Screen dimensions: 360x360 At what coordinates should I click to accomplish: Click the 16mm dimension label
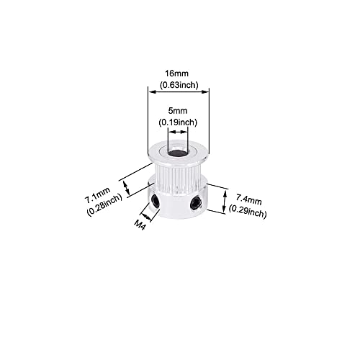tap(176, 73)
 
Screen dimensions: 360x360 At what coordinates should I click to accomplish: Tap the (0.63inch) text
tap(179, 85)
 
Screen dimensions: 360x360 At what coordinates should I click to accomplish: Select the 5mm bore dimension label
tap(178, 111)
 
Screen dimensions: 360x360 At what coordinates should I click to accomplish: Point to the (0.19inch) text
tap(178, 122)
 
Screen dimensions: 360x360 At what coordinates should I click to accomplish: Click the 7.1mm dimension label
tap(97, 194)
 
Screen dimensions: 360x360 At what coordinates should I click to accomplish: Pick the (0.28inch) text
tap(104, 205)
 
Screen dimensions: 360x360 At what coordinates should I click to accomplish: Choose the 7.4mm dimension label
tap(248, 199)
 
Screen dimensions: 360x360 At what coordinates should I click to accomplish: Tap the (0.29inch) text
tap(248, 212)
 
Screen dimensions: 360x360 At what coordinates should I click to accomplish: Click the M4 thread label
tap(140, 225)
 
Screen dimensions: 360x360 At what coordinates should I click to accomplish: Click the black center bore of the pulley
tap(178, 153)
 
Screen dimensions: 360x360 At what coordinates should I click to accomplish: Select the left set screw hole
tap(156, 201)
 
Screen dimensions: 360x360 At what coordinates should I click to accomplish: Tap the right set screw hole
tap(196, 203)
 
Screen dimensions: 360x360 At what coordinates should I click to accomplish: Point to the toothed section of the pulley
tap(177, 178)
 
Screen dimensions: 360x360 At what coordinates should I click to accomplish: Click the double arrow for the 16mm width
tap(178, 91)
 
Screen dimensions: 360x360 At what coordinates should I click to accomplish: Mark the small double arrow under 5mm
tap(178, 132)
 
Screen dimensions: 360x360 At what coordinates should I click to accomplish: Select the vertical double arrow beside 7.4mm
tap(225, 201)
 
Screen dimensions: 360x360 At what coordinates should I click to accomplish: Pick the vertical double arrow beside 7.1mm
tap(127, 188)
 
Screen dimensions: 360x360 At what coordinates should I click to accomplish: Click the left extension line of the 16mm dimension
tap(148, 120)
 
